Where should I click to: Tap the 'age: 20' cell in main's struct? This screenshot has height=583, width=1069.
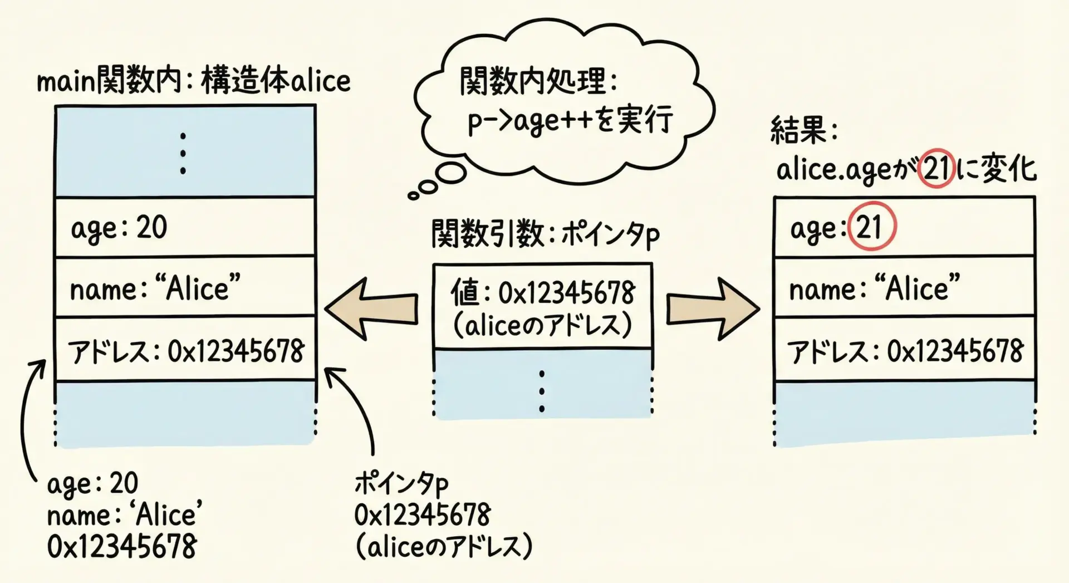coord(185,227)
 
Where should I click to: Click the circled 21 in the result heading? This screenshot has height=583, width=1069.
coord(936,168)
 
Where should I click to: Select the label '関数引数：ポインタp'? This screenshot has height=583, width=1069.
coord(546,234)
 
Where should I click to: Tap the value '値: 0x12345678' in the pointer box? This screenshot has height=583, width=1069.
coord(543,293)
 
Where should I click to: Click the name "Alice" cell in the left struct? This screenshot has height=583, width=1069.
coord(185,288)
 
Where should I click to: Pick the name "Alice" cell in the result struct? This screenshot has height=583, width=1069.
coord(904,288)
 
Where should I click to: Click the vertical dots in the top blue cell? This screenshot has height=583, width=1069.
coord(183,153)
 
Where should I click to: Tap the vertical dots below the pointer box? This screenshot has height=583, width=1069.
coord(542,391)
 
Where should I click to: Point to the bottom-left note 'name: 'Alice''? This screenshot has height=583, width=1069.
coord(125,515)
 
